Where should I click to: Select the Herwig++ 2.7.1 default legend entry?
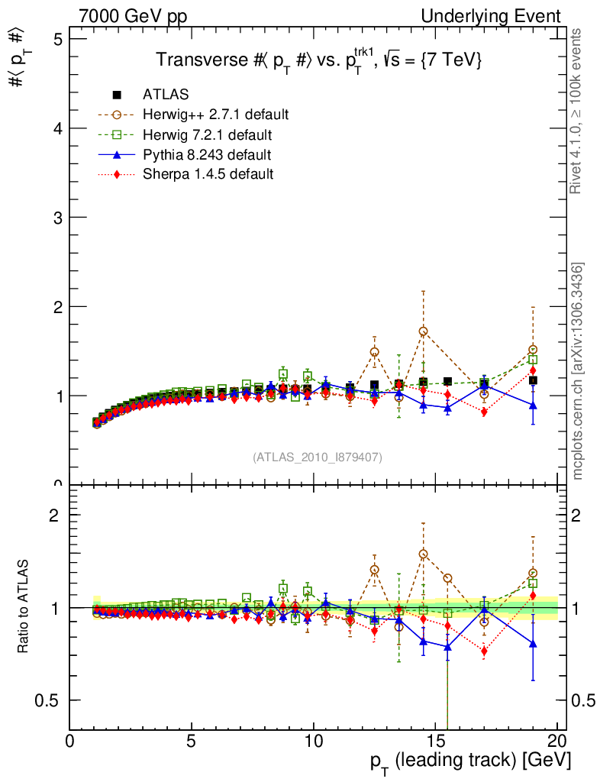tap(215, 115)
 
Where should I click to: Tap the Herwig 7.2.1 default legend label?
tap(208, 135)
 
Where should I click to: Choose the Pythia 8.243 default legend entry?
tap(207, 155)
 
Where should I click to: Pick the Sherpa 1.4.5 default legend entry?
tap(208, 174)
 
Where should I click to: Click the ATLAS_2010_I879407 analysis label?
tap(318, 457)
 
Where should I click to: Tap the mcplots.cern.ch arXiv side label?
tap(578, 371)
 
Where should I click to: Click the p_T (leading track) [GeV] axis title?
tap(470, 760)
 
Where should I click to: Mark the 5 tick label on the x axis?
tap(192, 741)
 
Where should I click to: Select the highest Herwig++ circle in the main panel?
tap(423, 331)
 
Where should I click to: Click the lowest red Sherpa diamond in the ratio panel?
tap(484, 651)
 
